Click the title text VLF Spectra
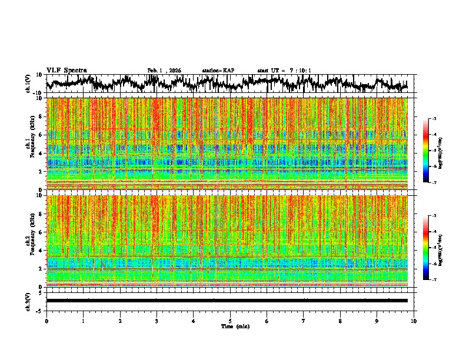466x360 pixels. click(66, 70)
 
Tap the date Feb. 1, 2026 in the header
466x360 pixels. click(164, 71)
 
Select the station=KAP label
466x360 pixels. click(218, 71)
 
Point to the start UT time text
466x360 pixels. click(284, 71)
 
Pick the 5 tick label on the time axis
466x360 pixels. click(230, 321)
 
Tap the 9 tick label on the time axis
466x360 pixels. click(377, 321)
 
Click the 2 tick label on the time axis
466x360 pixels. click(120, 321)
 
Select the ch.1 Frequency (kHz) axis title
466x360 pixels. click(30, 144)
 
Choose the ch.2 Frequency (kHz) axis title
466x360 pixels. click(30, 241)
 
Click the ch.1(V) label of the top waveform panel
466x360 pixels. click(29, 84)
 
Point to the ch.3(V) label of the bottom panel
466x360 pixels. click(29, 301)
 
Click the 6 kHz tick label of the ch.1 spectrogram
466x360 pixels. click(39, 135)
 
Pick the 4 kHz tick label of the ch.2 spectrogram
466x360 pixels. click(39, 251)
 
